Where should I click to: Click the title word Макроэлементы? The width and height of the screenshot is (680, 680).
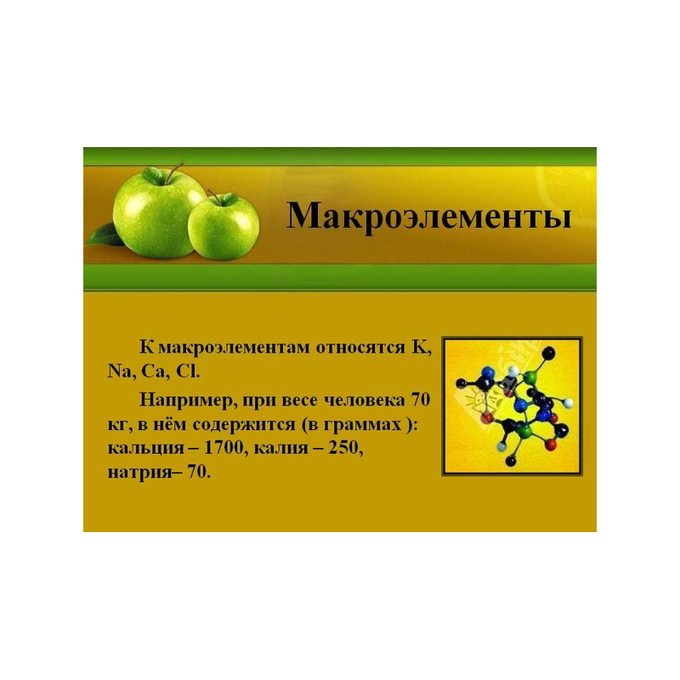(x=428, y=217)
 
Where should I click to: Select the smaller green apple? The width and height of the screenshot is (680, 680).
(x=224, y=227)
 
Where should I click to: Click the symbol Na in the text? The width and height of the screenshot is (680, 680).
(x=121, y=371)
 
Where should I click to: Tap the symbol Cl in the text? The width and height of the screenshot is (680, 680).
(x=187, y=371)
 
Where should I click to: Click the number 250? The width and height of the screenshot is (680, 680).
(x=345, y=448)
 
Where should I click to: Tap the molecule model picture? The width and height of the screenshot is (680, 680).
(x=512, y=406)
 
